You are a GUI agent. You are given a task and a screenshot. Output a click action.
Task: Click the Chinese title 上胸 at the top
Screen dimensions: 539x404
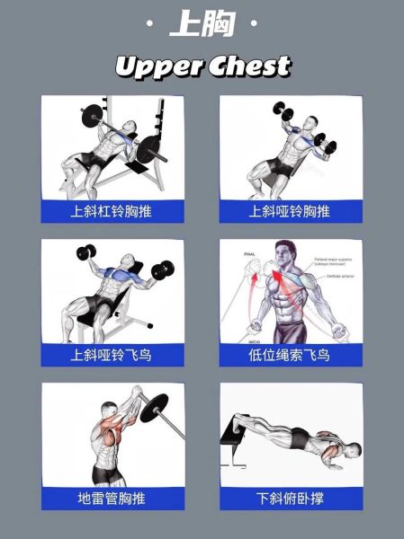pyautogui.click(x=202, y=24)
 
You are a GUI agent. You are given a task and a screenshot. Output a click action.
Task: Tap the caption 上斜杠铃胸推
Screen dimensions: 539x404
pyautogui.click(x=112, y=212)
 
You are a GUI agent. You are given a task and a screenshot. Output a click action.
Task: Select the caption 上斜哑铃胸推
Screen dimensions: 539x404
pyautogui.click(x=290, y=212)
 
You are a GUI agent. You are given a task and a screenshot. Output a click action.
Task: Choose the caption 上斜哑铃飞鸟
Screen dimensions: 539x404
pyautogui.click(x=112, y=355)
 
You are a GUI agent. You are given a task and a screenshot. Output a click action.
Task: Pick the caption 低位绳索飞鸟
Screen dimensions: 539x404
pyautogui.click(x=290, y=355)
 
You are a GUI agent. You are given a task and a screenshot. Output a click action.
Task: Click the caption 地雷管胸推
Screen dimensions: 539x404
pyautogui.click(x=112, y=498)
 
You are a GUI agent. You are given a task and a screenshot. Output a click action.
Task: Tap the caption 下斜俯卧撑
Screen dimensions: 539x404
pyautogui.click(x=290, y=498)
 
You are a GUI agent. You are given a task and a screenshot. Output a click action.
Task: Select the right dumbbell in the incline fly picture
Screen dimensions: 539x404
pyautogui.click(x=163, y=269)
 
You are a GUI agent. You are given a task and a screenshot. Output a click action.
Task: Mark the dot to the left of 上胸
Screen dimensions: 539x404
pyautogui.click(x=148, y=24)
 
